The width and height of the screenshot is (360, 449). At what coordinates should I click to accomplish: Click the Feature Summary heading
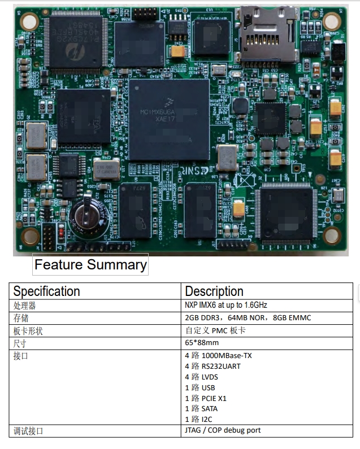[x=90, y=265]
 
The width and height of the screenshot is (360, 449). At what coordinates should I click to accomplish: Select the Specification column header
[x=47, y=291]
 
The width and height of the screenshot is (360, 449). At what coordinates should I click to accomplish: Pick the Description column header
[x=214, y=291]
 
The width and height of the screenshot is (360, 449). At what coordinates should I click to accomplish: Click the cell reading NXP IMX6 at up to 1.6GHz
[x=226, y=305]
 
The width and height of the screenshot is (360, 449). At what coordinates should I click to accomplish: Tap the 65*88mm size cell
[x=202, y=343]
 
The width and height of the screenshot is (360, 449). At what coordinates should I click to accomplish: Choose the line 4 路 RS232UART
[x=212, y=366]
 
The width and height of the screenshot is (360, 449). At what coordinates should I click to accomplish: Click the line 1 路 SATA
[x=201, y=408]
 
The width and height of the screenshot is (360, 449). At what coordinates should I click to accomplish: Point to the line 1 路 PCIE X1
[x=206, y=398]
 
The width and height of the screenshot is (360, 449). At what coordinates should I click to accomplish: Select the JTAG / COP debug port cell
[x=223, y=430]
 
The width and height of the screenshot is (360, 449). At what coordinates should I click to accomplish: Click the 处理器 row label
[x=25, y=306]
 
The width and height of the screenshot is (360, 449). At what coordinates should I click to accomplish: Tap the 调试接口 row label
[x=29, y=431]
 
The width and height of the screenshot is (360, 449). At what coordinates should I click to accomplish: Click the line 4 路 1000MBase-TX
[x=218, y=356]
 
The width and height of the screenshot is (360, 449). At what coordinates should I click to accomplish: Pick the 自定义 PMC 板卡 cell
[x=215, y=330]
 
